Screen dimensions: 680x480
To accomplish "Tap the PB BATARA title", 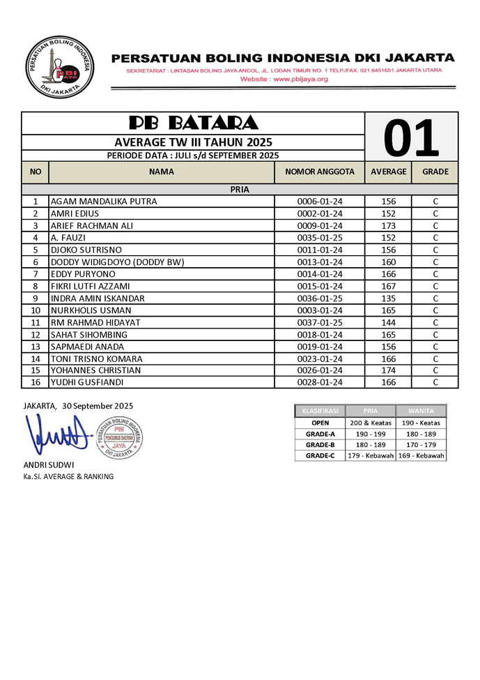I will pos(194,123).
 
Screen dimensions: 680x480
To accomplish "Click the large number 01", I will pos(412,137).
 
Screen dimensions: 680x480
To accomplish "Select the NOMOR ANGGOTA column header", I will pos(320,172).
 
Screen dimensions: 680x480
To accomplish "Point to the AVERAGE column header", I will pos(388,172).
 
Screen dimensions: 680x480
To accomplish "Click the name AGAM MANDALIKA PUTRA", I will pos(104,202).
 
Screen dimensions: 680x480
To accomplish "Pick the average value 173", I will pos(388,226).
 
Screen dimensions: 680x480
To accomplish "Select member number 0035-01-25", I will pos(320,238).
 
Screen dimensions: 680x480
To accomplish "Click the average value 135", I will pos(388,299).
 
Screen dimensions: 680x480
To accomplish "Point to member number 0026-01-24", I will pos(320,370).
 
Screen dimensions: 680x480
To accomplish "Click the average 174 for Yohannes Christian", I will pos(388,370).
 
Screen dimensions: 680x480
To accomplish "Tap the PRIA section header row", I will pos(240,189).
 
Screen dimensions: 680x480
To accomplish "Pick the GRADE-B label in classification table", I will pos(320,444).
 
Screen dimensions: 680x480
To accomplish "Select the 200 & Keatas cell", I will pos(371,423).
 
